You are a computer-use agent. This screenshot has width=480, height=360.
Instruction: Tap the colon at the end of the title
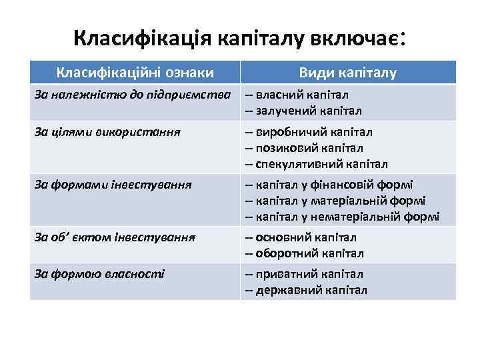404,37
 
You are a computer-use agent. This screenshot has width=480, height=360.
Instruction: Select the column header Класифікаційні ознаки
135,72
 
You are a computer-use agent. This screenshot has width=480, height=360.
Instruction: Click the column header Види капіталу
347,72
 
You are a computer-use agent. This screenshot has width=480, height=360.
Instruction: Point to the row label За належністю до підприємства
133,95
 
